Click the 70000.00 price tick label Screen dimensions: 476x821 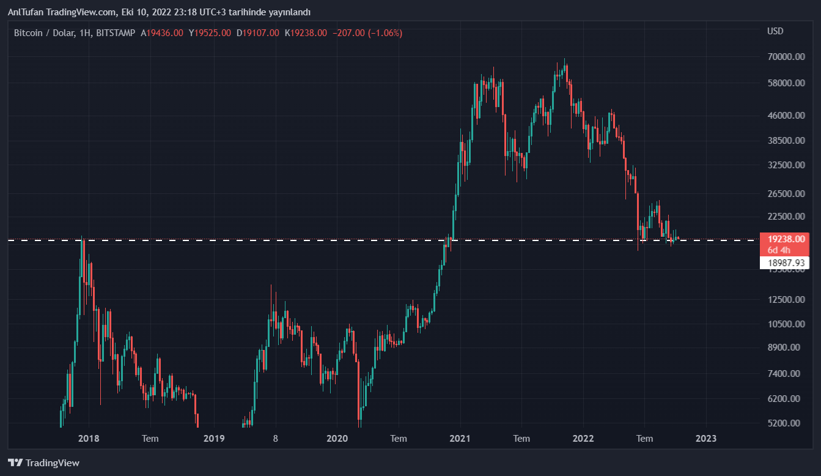(x=784, y=57)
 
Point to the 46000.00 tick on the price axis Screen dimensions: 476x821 (x=784, y=115)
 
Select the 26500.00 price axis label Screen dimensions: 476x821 (x=784, y=194)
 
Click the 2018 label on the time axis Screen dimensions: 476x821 (x=89, y=438)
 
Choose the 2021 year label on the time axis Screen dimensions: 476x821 (x=460, y=438)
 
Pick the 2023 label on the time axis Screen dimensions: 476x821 (x=706, y=438)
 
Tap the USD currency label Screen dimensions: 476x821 (x=775, y=31)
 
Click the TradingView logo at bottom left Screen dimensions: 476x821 (x=43, y=463)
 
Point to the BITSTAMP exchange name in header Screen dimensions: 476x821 (x=116, y=33)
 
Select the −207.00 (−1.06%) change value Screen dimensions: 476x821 (x=367, y=33)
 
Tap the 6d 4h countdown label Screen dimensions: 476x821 (x=779, y=250)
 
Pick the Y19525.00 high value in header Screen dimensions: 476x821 (x=210, y=33)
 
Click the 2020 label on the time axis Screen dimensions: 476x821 (x=337, y=438)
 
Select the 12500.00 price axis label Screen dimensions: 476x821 (x=784, y=299)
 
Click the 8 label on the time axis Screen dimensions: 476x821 (x=276, y=438)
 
